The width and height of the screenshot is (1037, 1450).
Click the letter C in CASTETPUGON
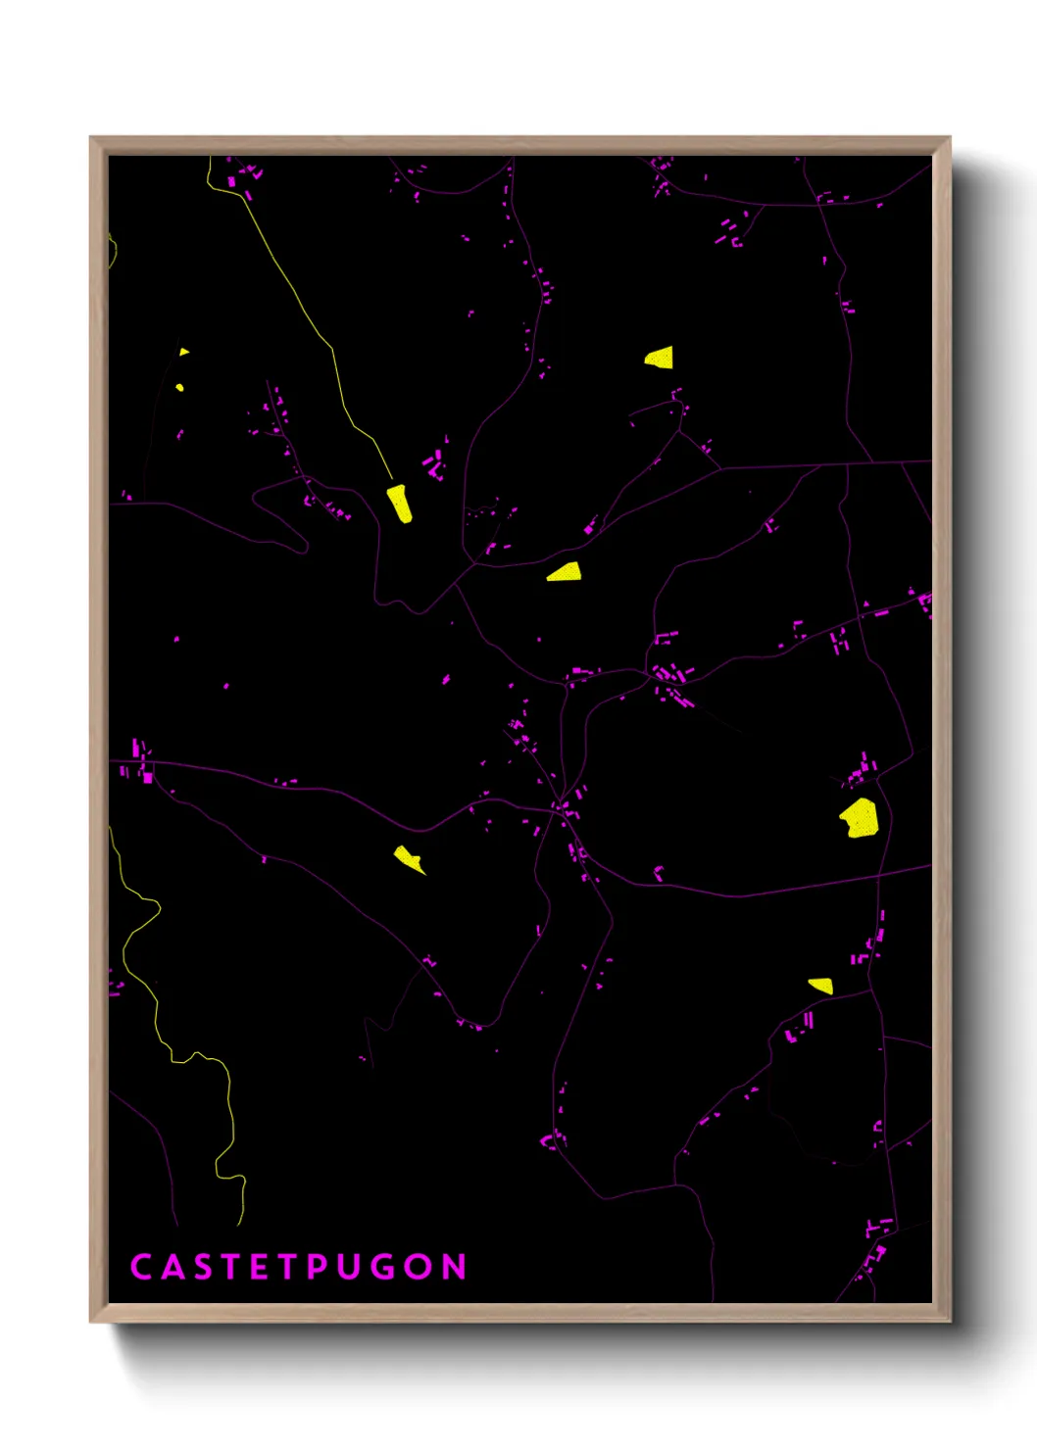pyautogui.click(x=140, y=1267)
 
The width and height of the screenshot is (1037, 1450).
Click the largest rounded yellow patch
pyautogui.click(x=860, y=818)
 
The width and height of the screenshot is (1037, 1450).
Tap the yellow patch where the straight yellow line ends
pyautogui.click(x=400, y=503)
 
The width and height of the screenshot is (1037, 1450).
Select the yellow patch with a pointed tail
pyautogui.click(x=408, y=858)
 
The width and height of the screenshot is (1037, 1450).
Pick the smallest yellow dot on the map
pyautogui.click(x=179, y=388)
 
